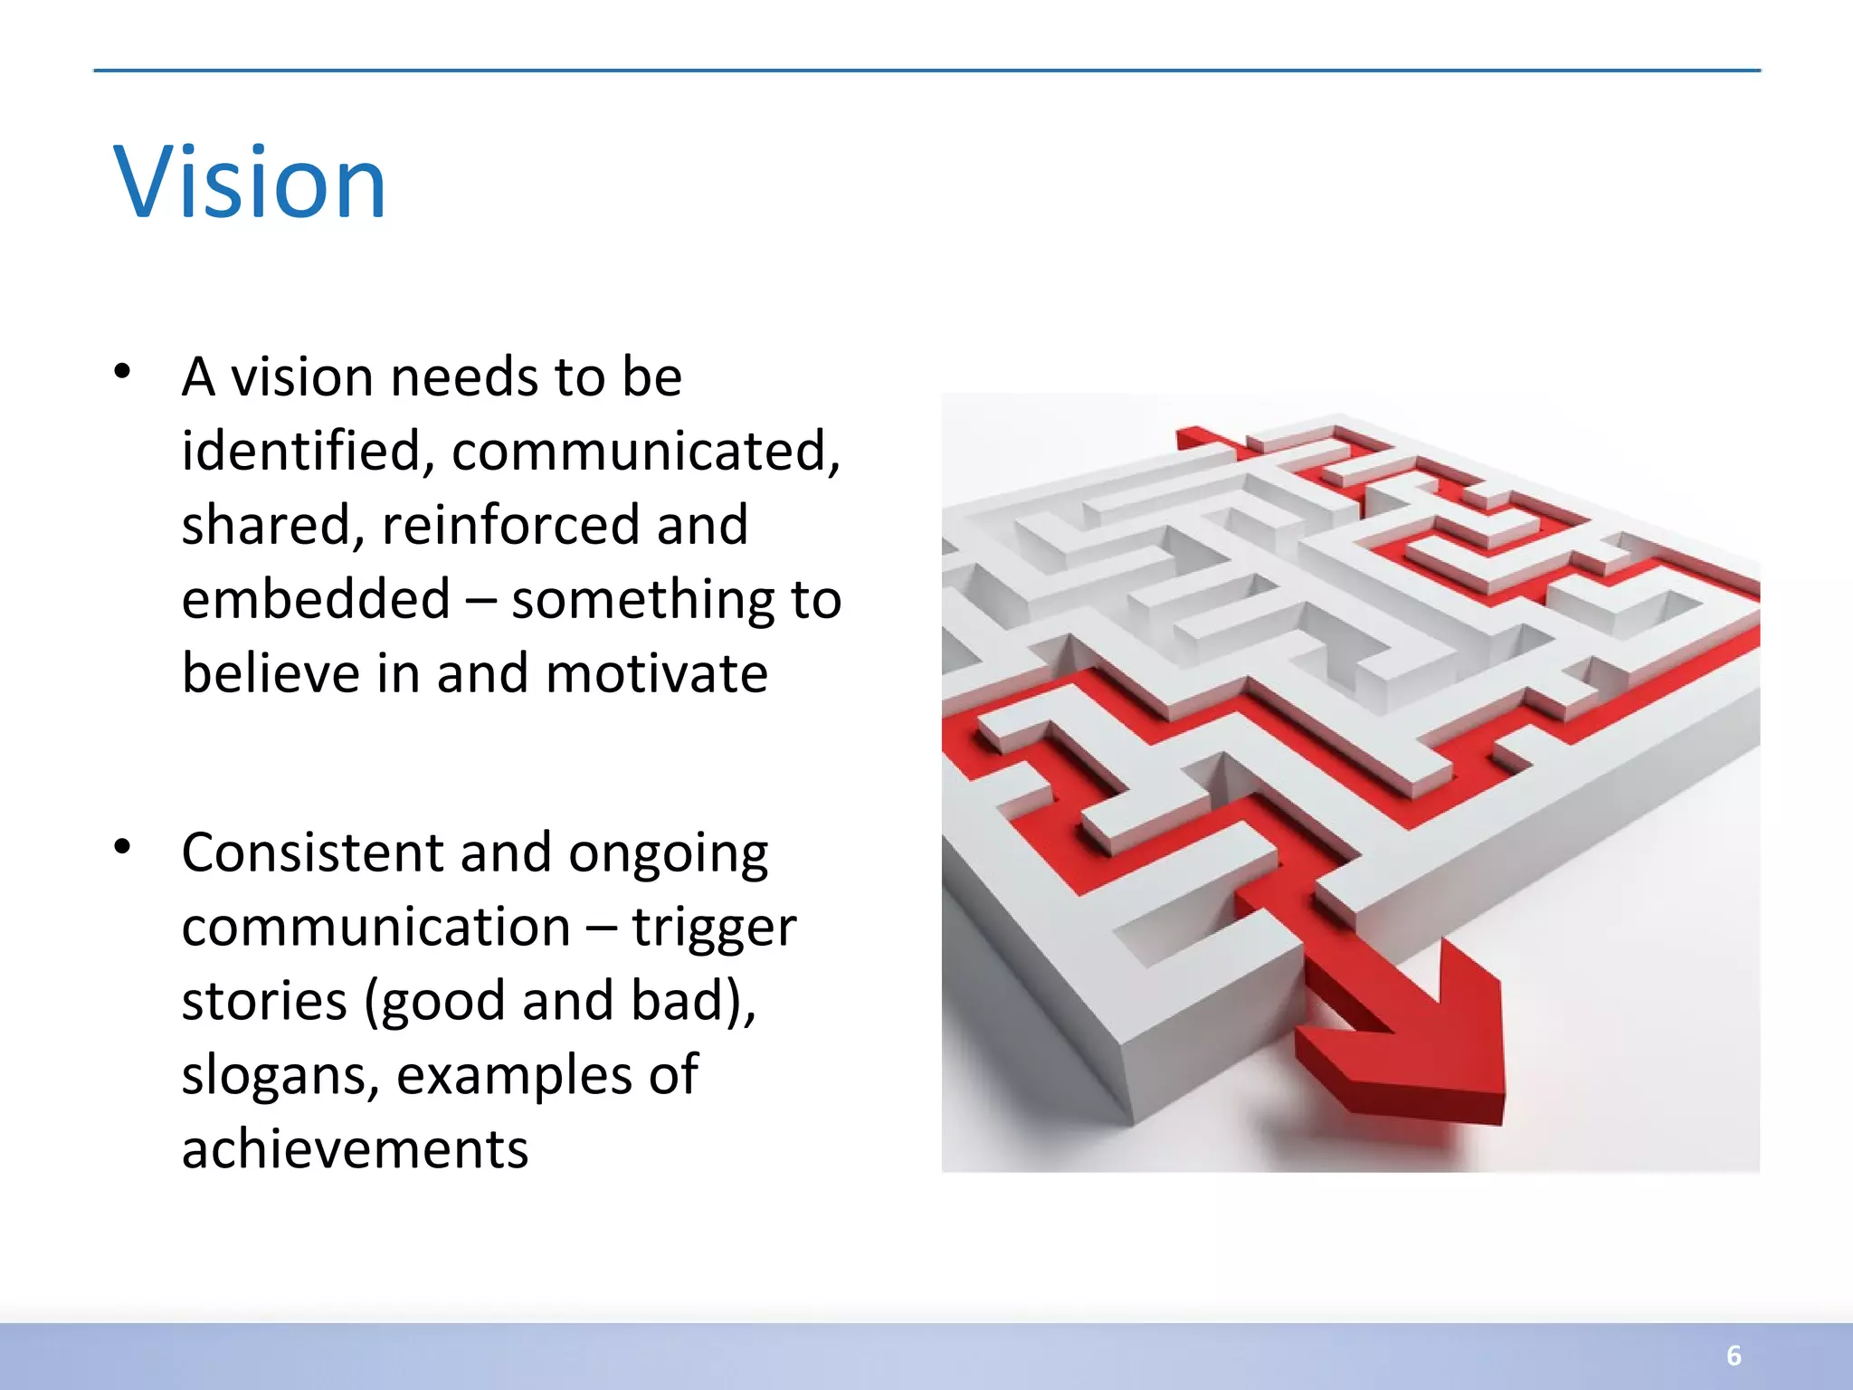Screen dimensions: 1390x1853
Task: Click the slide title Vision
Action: point(250,184)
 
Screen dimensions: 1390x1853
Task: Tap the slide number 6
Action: point(1734,1355)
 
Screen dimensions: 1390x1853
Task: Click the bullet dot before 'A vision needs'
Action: point(123,372)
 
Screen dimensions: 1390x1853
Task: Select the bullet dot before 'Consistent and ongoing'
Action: point(123,847)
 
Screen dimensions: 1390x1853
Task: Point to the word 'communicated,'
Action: point(646,451)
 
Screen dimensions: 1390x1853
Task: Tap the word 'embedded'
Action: point(316,599)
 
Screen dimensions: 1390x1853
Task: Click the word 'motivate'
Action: point(657,674)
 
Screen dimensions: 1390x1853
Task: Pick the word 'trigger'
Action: point(714,928)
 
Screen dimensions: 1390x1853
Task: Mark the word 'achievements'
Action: point(355,1150)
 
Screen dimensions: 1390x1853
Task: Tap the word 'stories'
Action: point(264,1002)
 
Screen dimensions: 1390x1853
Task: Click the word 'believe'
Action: point(270,674)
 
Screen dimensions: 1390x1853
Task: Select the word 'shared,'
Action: point(272,527)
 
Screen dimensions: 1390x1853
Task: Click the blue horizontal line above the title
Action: point(926,70)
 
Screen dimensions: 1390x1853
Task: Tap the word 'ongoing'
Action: point(668,854)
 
